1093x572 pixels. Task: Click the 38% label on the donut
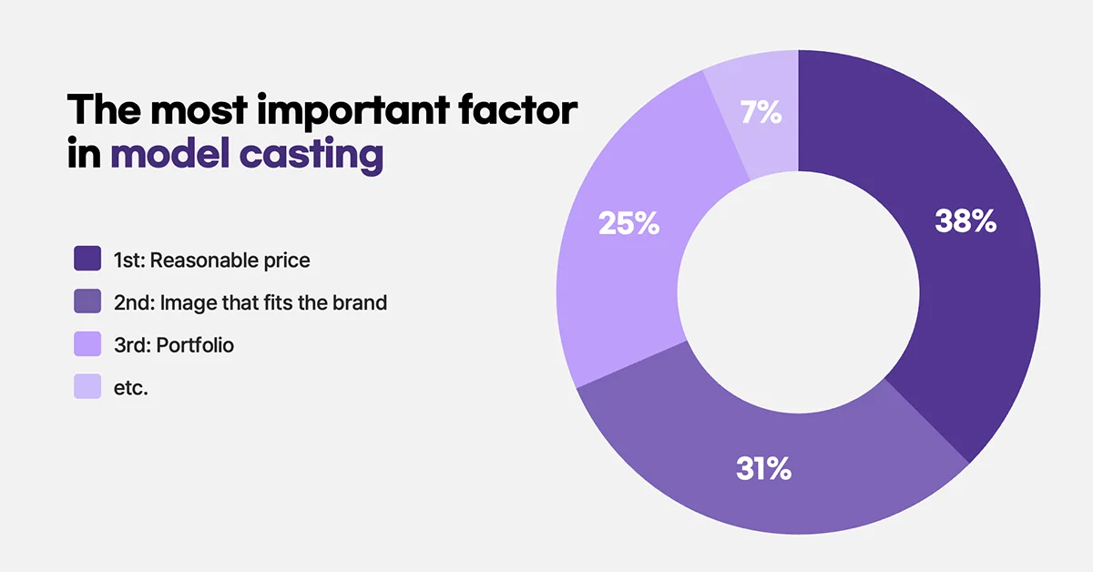(x=965, y=221)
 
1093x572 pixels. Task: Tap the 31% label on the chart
(x=763, y=470)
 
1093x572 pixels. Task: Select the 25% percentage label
(x=628, y=224)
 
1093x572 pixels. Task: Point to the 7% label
(x=761, y=113)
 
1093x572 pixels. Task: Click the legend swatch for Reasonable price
(x=87, y=260)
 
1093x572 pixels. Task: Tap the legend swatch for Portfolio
(x=87, y=345)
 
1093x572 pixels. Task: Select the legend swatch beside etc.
(x=87, y=387)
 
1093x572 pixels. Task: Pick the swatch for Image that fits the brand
(x=87, y=302)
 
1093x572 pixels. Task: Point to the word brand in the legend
(x=360, y=302)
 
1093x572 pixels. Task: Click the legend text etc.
(x=131, y=388)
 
